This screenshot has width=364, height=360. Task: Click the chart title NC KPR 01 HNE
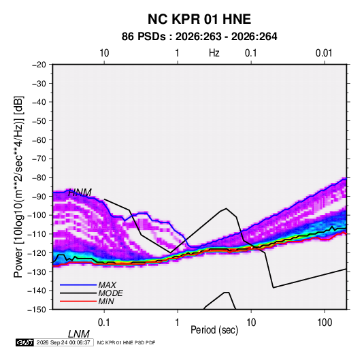[x=199, y=19]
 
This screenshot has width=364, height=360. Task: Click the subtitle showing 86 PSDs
[x=199, y=37]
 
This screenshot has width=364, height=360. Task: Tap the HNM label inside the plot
[x=80, y=193]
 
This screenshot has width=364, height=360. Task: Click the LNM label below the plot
[x=79, y=334]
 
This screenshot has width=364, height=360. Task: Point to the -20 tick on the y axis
[x=39, y=65]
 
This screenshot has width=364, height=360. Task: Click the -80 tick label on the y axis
[x=39, y=178]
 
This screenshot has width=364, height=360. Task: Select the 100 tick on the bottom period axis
[x=325, y=323]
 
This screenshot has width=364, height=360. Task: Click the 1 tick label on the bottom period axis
[x=178, y=323]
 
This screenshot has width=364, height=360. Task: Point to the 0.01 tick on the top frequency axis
[x=324, y=53]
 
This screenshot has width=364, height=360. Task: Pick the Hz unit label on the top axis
[x=214, y=53]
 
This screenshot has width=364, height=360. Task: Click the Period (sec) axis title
[x=214, y=330]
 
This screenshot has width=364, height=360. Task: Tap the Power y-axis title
[x=18, y=187]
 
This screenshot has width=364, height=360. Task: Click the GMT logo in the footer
[x=24, y=342]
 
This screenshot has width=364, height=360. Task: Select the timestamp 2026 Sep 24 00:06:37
[x=63, y=342]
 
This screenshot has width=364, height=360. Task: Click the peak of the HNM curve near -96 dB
[x=226, y=208]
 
